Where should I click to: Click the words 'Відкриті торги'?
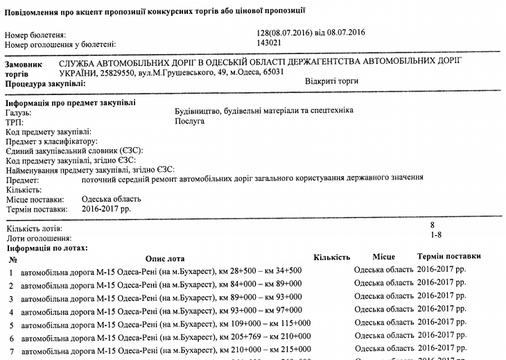pyautogui.click(x=331, y=81)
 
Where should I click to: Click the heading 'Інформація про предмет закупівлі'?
pyautogui.click(x=70, y=103)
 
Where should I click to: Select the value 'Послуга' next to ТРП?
pyautogui.click(x=190, y=121)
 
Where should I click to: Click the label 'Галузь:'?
pyautogui.click(x=19, y=112)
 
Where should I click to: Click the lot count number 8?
pyautogui.click(x=433, y=225)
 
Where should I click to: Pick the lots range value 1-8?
pyautogui.click(x=436, y=237)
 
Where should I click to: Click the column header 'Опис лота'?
pyautogui.click(x=167, y=258)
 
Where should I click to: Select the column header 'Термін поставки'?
pyautogui.click(x=449, y=257)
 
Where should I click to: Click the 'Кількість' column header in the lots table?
pyautogui.click(x=331, y=257)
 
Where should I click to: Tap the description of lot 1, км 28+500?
pyautogui.click(x=161, y=271)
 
